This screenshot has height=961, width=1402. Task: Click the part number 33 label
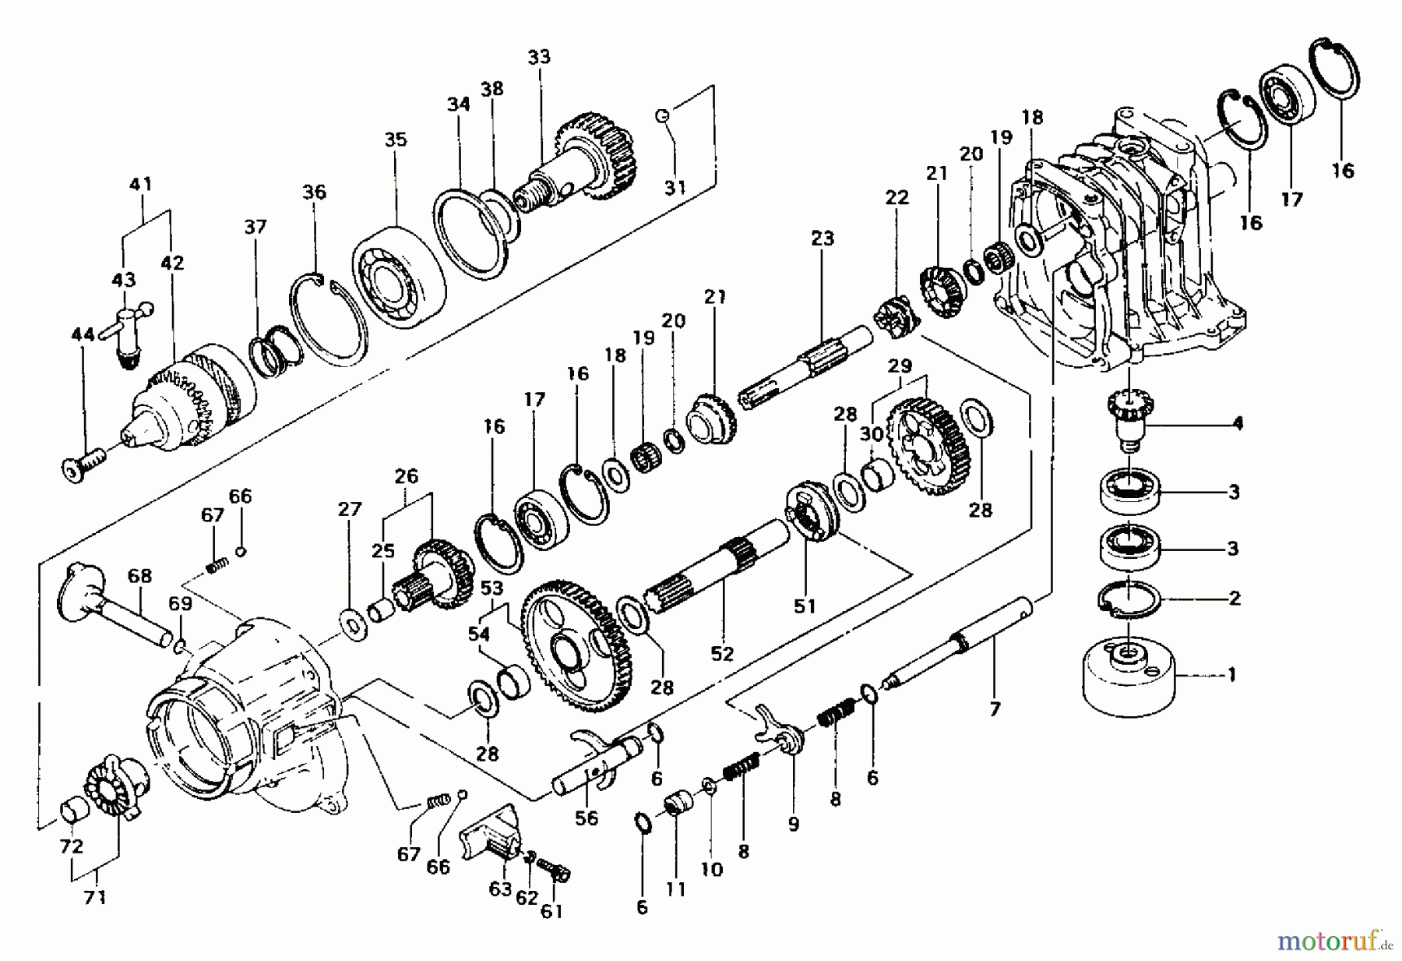coord(538,57)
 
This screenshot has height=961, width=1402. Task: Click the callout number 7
coord(995,709)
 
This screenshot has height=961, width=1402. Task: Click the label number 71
coord(94,898)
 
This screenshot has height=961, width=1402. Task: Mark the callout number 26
coord(407,475)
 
